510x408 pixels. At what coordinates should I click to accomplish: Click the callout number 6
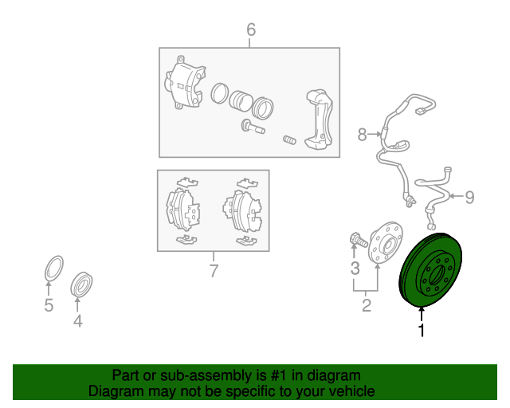(251, 29)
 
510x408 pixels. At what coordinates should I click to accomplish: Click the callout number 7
(214, 271)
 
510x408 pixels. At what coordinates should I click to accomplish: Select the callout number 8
(362, 135)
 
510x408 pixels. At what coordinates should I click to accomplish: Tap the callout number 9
(469, 197)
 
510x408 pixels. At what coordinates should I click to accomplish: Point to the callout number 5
(49, 305)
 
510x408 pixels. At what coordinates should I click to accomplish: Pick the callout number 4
(78, 321)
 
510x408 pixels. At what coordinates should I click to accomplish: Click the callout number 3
(355, 269)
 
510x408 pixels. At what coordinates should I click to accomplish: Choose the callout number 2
(367, 305)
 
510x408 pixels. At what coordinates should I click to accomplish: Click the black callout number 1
(422, 330)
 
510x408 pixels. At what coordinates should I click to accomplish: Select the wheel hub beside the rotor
(386, 242)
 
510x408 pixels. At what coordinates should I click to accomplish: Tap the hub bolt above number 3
(359, 240)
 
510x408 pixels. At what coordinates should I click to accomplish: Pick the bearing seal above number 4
(81, 284)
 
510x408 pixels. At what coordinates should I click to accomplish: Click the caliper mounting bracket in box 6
(319, 120)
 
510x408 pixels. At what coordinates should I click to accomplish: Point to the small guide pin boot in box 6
(289, 140)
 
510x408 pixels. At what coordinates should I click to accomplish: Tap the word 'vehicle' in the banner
(355, 391)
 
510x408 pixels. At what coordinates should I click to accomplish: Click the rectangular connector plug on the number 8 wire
(420, 111)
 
